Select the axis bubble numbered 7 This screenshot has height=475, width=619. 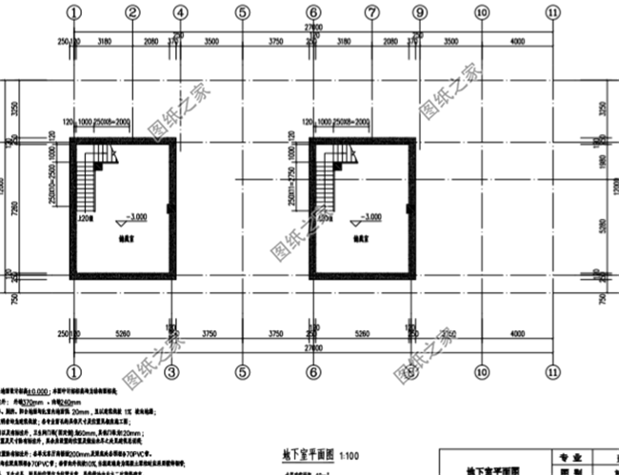[x=370, y=12]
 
